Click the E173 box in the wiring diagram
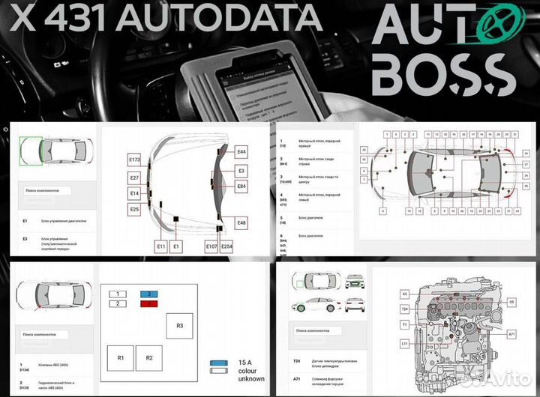click(x=135, y=160)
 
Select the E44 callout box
click(x=241, y=152)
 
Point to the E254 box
click(x=226, y=246)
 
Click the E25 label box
click(x=135, y=210)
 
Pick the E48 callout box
click(x=241, y=223)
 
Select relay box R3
click(x=179, y=325)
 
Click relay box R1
click(x=121, y=358)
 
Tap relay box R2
click(x=149, y=358)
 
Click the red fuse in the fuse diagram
click(x=148, y=303)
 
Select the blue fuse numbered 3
click(x=148, y=294)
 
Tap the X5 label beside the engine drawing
click(x=404, y=294)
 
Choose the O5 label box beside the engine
click(x=511, y=302)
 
